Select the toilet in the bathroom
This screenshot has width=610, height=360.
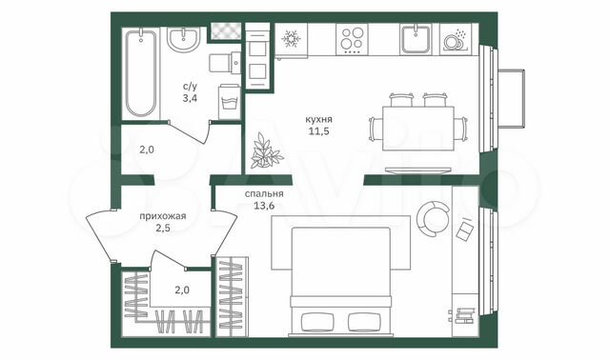pyautogui.click(x=226, y=64)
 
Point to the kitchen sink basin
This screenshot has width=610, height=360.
pyautogui.click(x=416, y=41)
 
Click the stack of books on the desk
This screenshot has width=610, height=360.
pyautogui.click(x=463, y=315)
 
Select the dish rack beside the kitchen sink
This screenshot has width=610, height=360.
pyautogui.click(x=456, y=41)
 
